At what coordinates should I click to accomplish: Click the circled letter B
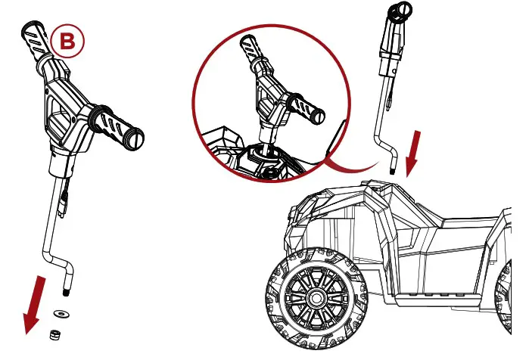67,43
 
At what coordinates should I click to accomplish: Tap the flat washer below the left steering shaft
58,312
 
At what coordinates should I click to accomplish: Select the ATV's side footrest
431,291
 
